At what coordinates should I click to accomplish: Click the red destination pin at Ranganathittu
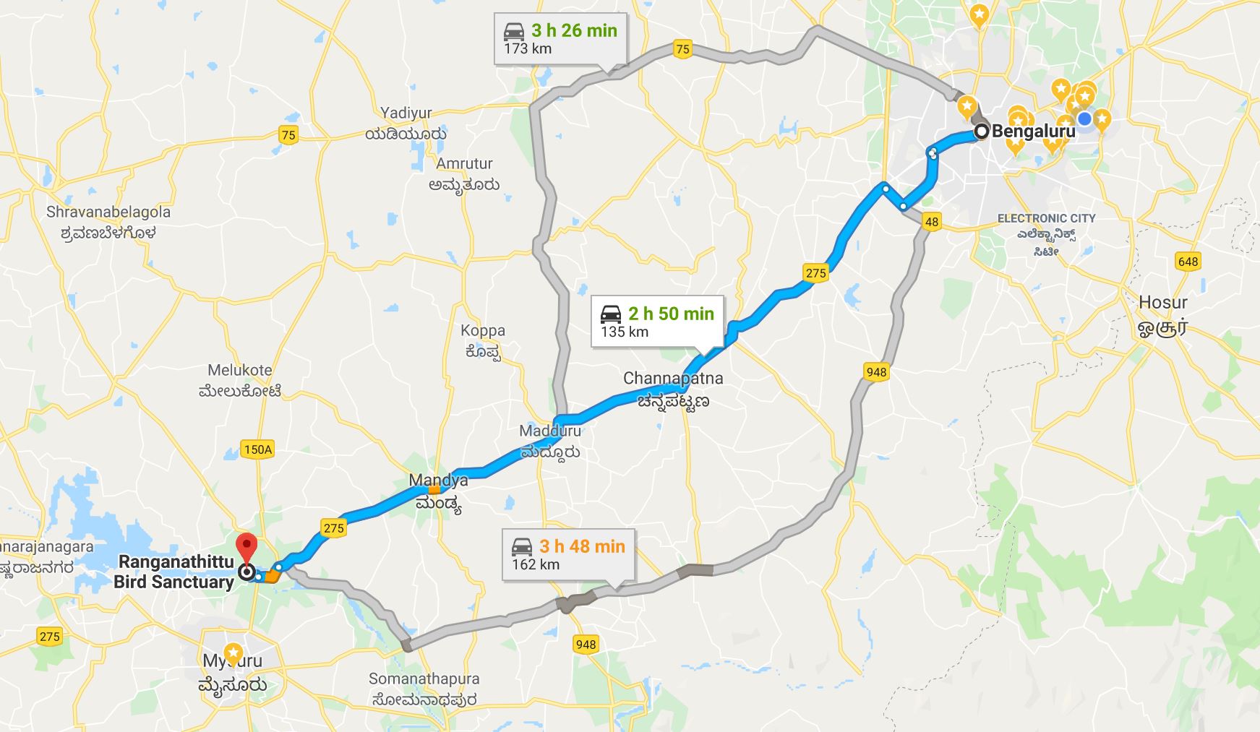click(x=247, y=547)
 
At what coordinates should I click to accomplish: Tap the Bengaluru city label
click(x=1033, y=132)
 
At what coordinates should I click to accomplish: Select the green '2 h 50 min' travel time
click(x=671, y=314)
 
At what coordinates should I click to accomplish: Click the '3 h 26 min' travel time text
click(x=574, y=30)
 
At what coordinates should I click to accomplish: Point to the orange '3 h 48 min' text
click(x=582, y=546)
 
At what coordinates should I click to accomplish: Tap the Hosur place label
click(x=1162, y=302)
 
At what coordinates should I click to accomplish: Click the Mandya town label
click(x=438, y=481)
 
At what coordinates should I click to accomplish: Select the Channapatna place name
click(x=672, y=378)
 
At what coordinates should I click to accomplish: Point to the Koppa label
click(x=483, y=330)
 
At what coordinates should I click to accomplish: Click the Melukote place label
click(x=240, y=370)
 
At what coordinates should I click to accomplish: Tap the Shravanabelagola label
click(x=108, y=212)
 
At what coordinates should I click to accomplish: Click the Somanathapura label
click(x=424, y=679)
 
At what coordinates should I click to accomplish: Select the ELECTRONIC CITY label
click(x=1046, y=218)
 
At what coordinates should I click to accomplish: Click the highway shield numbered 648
click(x=1188, y=262)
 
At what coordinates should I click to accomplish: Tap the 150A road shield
click(x=258, y=449)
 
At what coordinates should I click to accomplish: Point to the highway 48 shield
click(x=931, y=222)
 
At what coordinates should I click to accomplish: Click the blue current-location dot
click(x=1084, y=119)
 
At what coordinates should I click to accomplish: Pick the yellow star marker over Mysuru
click(x=233, y=652)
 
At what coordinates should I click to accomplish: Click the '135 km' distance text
click(x=625, y=332)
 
